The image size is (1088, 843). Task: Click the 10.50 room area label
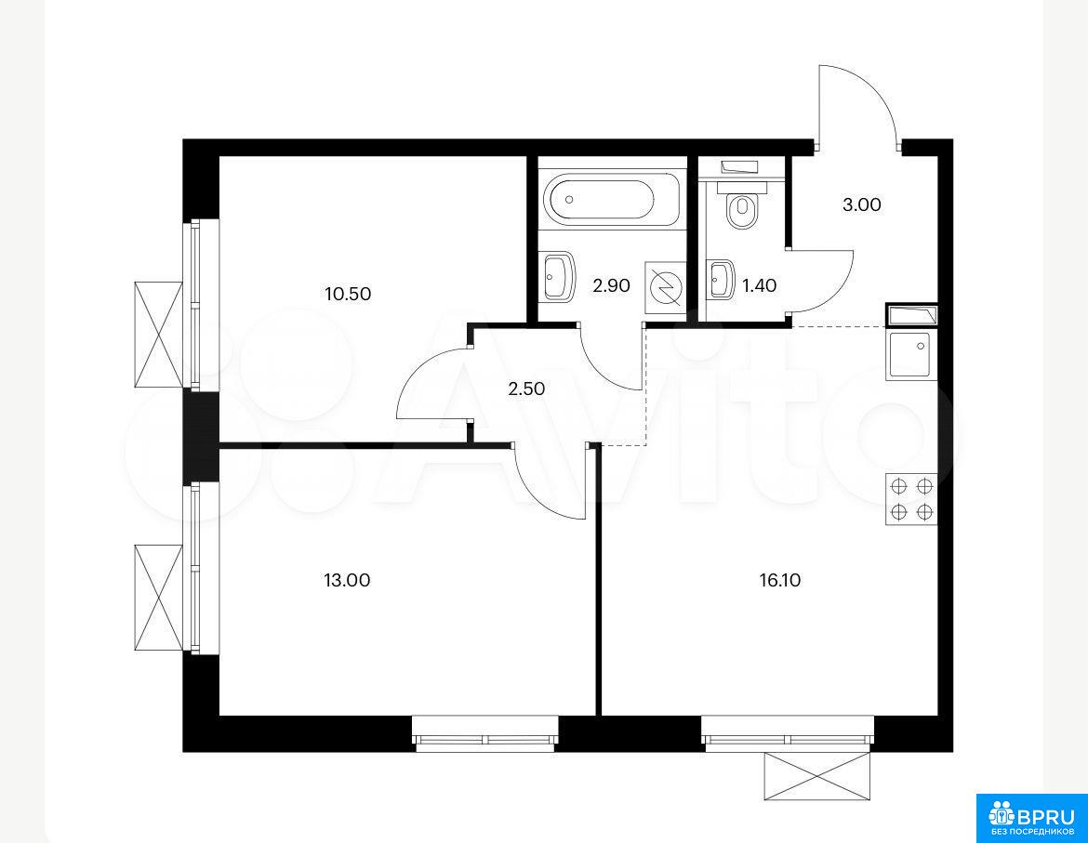pyautogui.click(x=348, y=294)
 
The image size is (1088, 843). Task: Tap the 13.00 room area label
pyautogui.click(x=347, y=580)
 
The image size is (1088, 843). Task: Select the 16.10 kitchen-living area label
pyautogui.click(x=780, y=580)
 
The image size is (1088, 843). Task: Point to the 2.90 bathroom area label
pyautogui.click(x=611, y=285)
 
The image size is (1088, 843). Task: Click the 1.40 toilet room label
pyautogui.click(x=759, y=285)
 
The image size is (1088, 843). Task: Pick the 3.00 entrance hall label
pyautogui.click(x=862, y=204)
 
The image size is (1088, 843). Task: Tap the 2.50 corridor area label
pyautogui.click(x=526, y=389)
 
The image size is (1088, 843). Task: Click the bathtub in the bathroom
pyautogui.click(x=599, y=199)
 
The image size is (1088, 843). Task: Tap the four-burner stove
pyautogui.click(x=911, y=499)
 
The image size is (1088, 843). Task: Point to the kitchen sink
pyautogui.click(x=911, y=355)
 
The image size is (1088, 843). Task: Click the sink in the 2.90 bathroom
pyautogui.click(x=559, y=276)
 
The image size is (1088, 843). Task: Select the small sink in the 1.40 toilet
pyautogui.click(x=721, y=280)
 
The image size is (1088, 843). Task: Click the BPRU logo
pyautogui.click(x=1031, y=818)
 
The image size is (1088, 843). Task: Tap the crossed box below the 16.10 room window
pyautogui.click(x=816, y=776)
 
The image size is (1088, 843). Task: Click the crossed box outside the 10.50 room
pyautogui.click(x=159, y=335)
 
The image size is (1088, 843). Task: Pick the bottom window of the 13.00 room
pyautogui.click(x=485, y=733)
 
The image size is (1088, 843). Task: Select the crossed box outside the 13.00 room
pyautogui.click(x=159, y=598)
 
